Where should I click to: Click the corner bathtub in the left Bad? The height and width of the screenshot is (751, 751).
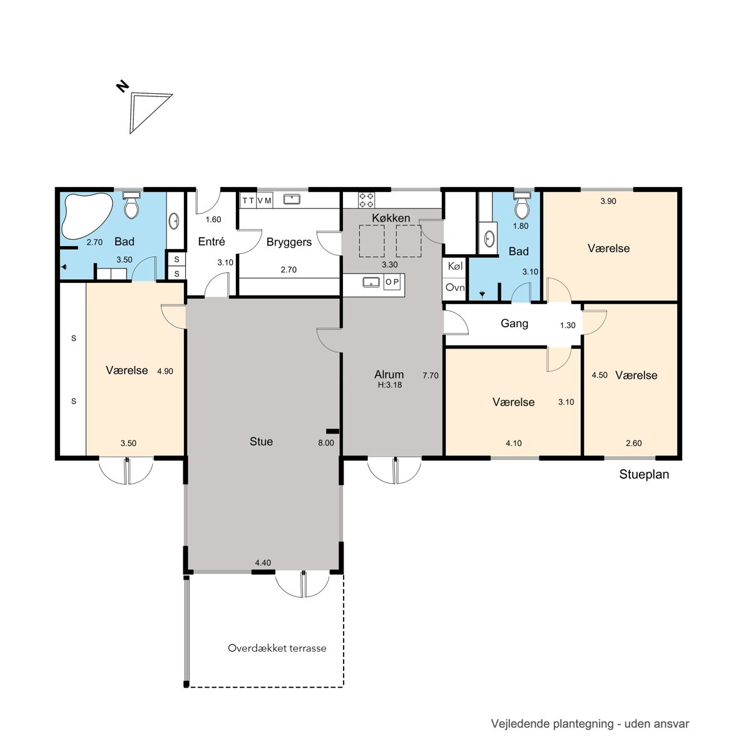tap(86, 215)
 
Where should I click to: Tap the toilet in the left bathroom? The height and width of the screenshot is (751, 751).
tap(131, 205)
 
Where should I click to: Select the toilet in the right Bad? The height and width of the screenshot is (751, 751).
tap(522, 205)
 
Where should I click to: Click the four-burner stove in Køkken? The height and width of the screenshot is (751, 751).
tap(367, 200)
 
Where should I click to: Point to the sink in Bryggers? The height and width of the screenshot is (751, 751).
tap(292, 199)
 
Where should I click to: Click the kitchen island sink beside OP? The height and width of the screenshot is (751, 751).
tap(371, 282)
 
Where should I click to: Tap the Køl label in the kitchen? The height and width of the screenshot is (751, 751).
tap(455, 266)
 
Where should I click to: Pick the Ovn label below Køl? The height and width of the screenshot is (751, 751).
tap(455, 287)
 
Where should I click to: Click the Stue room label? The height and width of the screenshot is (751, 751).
tap(261, 442)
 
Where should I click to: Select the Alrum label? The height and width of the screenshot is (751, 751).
tap(389, 374)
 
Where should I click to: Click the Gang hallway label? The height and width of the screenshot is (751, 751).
tap(514, 324)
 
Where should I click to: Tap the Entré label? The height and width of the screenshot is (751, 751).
tap(212, 241)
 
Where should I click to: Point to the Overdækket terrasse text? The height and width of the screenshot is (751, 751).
tap(277, 648)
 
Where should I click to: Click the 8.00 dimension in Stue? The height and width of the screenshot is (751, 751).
tap(326, 442)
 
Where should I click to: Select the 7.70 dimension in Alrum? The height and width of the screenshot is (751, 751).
tap(430, 375)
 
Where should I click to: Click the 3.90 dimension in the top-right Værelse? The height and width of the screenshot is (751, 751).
tap(608, 201)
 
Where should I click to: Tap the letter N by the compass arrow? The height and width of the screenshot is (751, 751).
tap(123, 86)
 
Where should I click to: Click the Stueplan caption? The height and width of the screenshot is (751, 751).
tap(644, 474)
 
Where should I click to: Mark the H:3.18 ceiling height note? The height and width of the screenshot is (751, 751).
tap(390, 385)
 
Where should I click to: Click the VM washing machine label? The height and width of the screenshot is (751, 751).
tap(264, 200)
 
